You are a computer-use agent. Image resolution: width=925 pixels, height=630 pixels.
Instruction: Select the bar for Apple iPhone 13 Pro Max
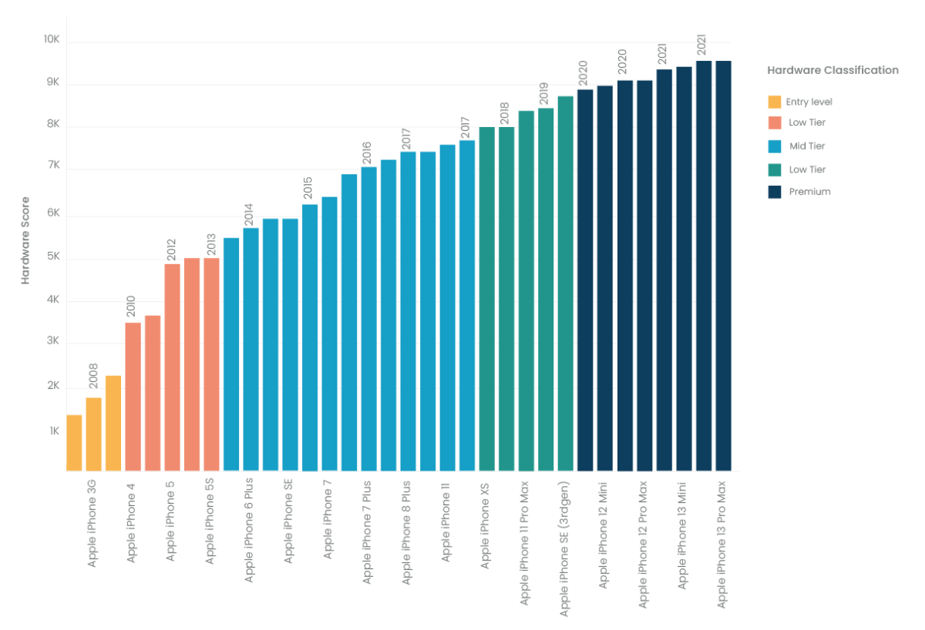pyautogui.click(x=723, y=266)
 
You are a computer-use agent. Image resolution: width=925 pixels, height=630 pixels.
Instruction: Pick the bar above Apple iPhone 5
pyautogui.click(x=172, y=367)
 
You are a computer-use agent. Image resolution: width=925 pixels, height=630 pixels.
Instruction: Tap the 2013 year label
pyautogui.click(x=210, y=245)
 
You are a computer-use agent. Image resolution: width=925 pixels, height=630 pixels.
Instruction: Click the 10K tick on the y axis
pyautogui.click(x=51, y=40)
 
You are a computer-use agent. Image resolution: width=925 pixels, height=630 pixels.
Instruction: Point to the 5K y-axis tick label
pyautogui.click(x=51, y=259)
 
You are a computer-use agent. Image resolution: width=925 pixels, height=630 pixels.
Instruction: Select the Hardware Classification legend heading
pyautogui.click(x=832, y=70)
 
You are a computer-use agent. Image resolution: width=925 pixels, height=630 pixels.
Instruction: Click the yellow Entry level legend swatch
pyautogui.click(x=775, y=102)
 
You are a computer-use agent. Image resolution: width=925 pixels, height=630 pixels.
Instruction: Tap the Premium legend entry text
pyautogui.click(x=809, y=192)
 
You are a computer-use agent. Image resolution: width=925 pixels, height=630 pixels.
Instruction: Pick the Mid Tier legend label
pyautogui.click(x=807, y=146)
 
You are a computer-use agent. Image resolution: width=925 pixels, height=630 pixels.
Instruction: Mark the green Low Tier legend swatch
pyautogui.click(x=775, y=169)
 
